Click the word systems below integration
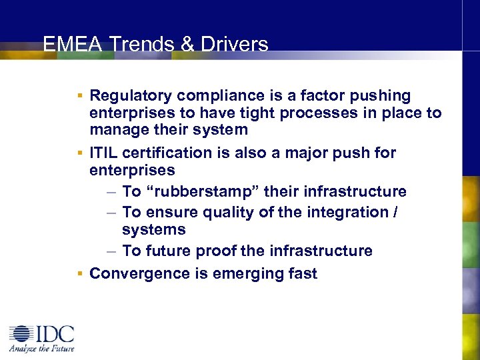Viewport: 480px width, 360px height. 153,229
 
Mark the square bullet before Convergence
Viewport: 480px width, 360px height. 79,273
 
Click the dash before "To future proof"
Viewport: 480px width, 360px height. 112,251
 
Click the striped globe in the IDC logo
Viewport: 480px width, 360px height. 21,335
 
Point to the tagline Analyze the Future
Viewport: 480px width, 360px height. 42,348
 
